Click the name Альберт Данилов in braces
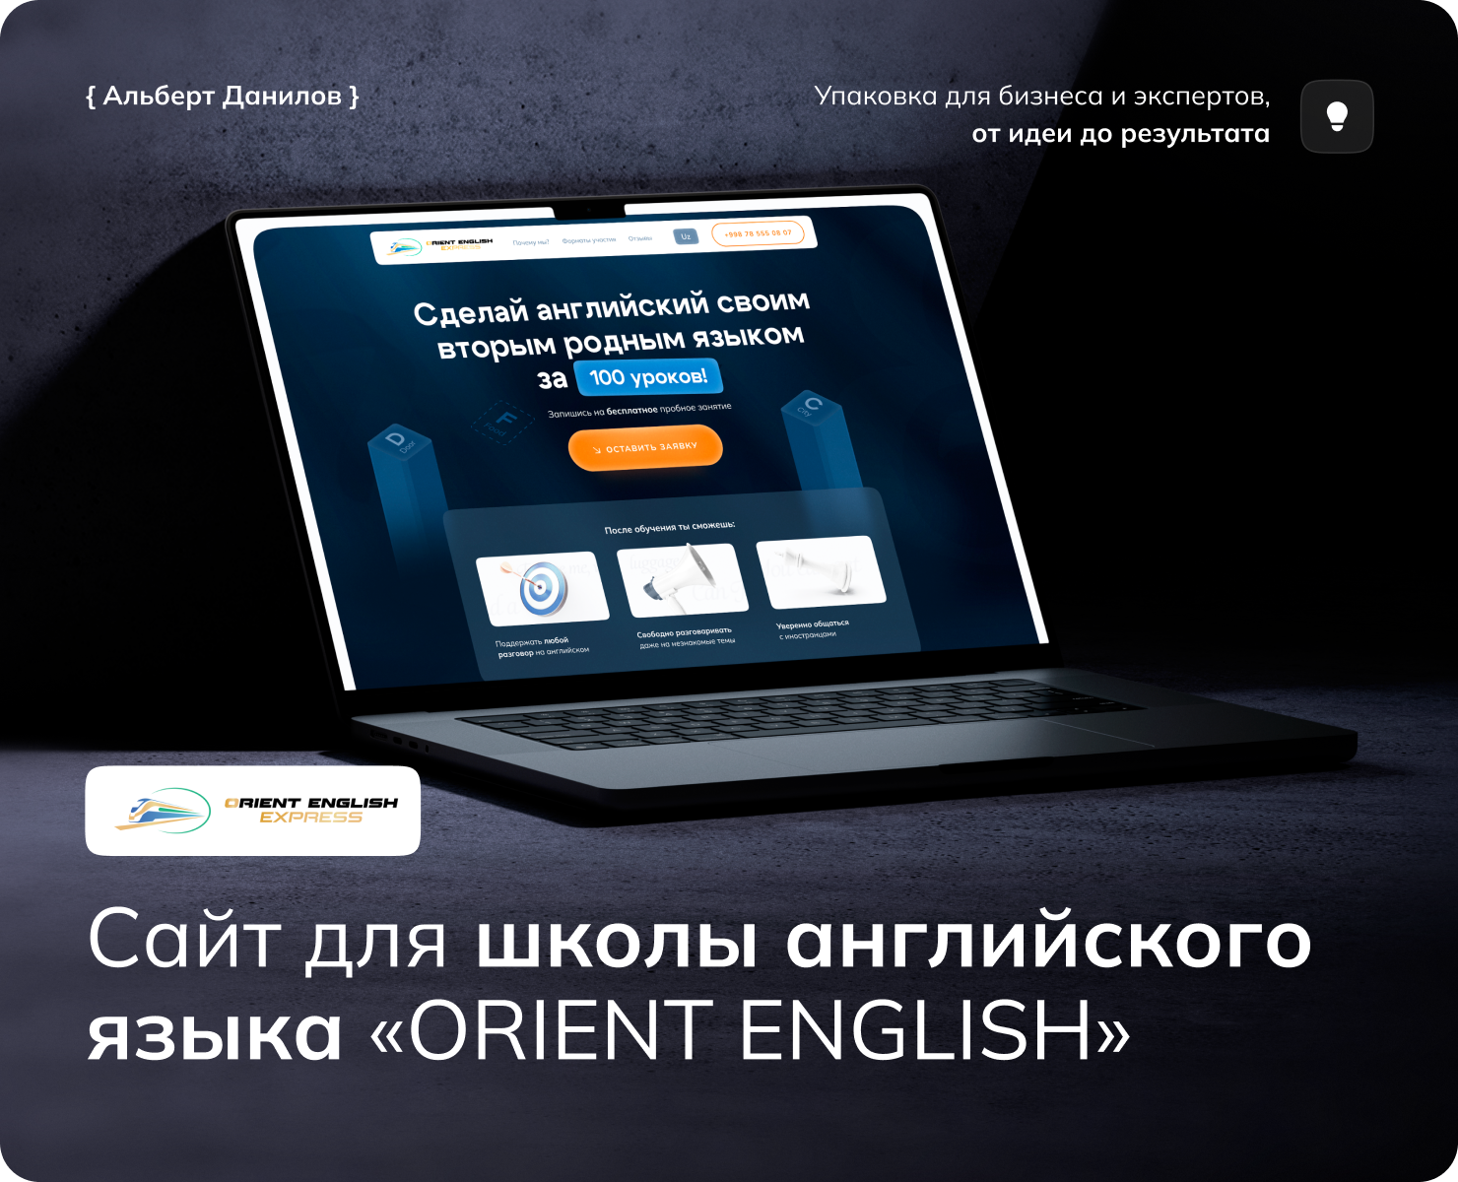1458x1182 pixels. click(223, 97)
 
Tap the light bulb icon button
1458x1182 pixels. click(1337, 116)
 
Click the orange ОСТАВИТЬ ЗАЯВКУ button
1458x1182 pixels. click(645, 448)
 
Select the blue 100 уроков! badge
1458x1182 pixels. click(648, 377)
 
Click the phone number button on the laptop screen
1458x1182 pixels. click(758, 233)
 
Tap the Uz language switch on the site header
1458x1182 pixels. click(686, 236)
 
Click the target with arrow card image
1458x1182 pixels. click(542, 588)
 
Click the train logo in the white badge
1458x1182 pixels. click(163, 810)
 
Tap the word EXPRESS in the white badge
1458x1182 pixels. click(310, 818)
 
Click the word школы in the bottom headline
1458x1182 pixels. click(618, 941)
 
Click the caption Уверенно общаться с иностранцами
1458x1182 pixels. click(813, 628)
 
